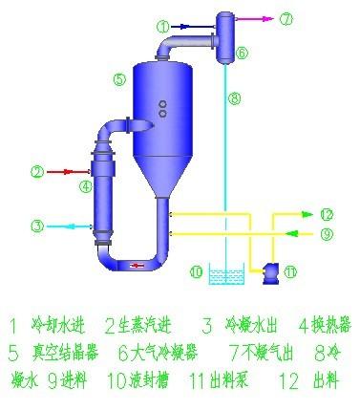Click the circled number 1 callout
tap(163, 25)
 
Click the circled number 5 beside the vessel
tap(118, 80)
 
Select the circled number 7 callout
tap(287, 17)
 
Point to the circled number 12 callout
tap(326, 214)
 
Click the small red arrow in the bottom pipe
tap(139, 265)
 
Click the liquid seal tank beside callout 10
tap(225, 277)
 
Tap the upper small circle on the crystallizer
tap(163, 102)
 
